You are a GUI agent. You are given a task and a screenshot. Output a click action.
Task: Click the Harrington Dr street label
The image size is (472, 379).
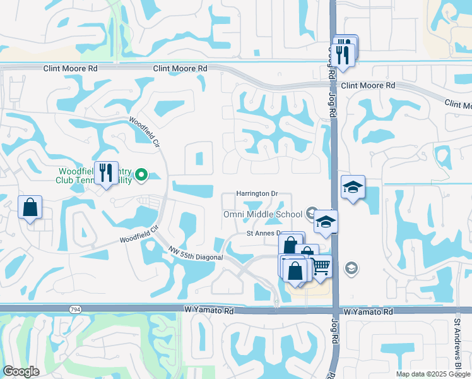(257, 193)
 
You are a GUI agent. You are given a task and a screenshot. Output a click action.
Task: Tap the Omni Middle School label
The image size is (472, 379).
(263, 214)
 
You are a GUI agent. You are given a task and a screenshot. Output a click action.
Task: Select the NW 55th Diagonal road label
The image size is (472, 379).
(196, 253)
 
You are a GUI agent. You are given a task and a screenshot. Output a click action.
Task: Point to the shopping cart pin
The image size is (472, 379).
(321, 267)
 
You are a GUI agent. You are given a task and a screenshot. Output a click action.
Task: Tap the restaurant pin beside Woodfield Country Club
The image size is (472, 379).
(105, 172)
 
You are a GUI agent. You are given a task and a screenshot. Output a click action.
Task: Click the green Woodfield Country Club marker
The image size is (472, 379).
(141, 174)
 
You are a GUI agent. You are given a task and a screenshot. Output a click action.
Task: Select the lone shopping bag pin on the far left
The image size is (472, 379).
(30, 207)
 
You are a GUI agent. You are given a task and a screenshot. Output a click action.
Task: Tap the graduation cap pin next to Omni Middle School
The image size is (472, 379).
(326, 222)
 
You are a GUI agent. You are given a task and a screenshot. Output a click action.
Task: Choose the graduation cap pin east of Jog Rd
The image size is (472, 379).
(353, 187)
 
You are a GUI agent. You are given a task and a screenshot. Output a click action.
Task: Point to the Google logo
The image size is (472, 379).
(21, 371)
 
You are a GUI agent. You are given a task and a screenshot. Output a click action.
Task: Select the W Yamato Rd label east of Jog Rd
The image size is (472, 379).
(369, 312)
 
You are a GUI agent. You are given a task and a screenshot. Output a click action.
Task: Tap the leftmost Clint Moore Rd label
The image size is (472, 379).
(70, 68)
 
